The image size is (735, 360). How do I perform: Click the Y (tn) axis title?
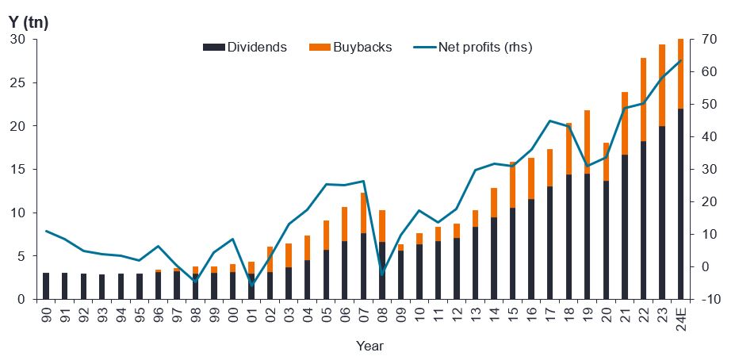tap(29, 23)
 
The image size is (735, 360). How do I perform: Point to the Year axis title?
tap(369, 346)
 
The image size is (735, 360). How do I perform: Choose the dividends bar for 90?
tap(46, 286)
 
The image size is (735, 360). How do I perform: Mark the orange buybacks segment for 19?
tap(588, 142)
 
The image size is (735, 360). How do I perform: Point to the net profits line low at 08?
tap(382, 274)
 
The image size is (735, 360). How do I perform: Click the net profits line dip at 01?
tap(252, 284)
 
